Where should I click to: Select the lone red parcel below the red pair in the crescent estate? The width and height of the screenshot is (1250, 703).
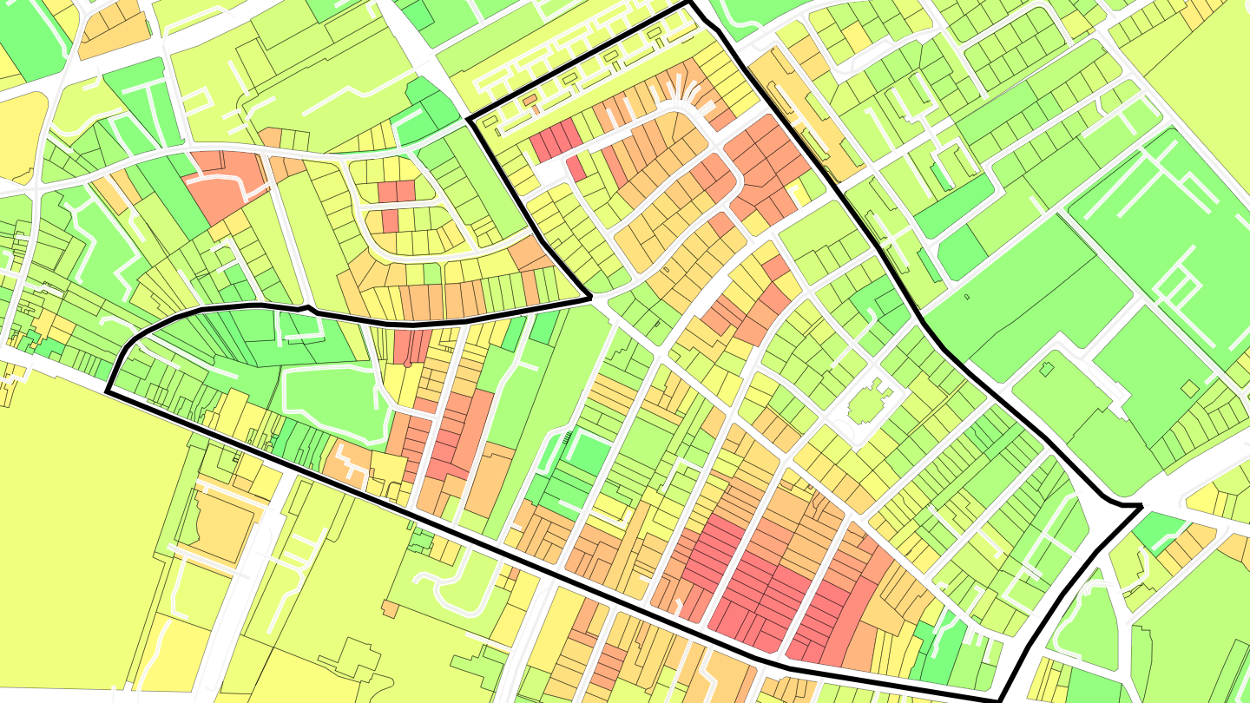[x=390, y=220]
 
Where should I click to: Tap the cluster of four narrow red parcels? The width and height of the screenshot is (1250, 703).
[x=556, y=140]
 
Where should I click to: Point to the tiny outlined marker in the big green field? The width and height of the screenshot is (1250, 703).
[x=966, y=297]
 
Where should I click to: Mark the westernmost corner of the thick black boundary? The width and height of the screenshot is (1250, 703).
[x=108, y=391]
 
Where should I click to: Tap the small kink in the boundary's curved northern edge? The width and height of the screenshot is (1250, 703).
[x=306, y=307]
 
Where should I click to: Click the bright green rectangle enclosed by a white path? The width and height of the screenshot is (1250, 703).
[x=588, y=454]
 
